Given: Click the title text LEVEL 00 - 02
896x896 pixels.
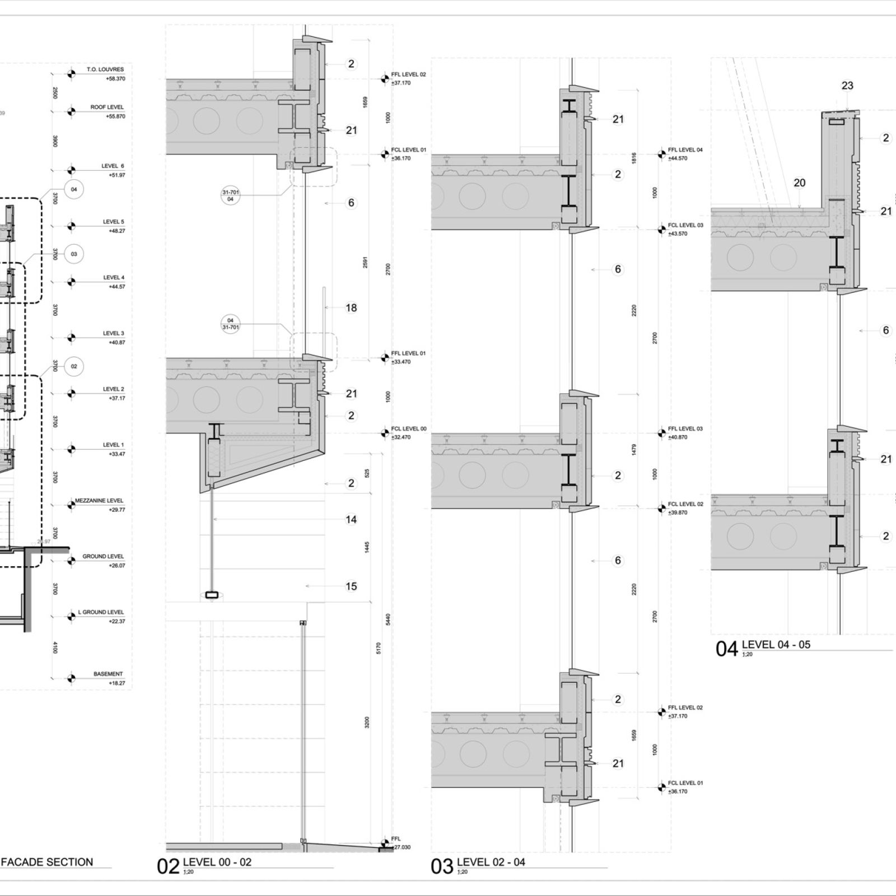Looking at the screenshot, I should click(x=217, y=862).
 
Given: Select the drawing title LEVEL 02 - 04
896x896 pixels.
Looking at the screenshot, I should click(x=491, y=862).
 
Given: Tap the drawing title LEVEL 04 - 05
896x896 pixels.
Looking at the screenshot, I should click(x=776, y=645).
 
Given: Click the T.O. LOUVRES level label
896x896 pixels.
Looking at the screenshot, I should click(x=105, y=70).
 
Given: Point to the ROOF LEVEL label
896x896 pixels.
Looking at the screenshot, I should click(x=107, y=107).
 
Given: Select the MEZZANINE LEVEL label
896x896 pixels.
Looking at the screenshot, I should click(x=100, y=501).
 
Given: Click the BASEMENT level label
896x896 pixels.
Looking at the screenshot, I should click(x=108, y=674).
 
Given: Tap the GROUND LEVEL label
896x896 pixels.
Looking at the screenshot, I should click(x=103, y=557).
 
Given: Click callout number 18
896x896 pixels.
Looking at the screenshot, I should click(x=351, y=307).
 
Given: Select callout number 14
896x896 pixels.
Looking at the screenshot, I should click(x=351, y=520).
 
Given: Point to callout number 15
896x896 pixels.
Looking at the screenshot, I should click(x=351, y=586).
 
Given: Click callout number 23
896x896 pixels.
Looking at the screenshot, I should click(x=847, y=86).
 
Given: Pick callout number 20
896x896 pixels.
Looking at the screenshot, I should click(x=800, y=183).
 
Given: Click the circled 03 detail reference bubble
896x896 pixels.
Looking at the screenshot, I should click(x=74, y=254).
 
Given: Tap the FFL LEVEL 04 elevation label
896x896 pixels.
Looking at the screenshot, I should click(x=685, y=150).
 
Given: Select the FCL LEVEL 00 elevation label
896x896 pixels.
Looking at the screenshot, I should click(x=409, y=429).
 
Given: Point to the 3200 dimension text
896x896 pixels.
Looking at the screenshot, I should click(x=367, y=722).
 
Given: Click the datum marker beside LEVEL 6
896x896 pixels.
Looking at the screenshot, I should click(x=71, y=170).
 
